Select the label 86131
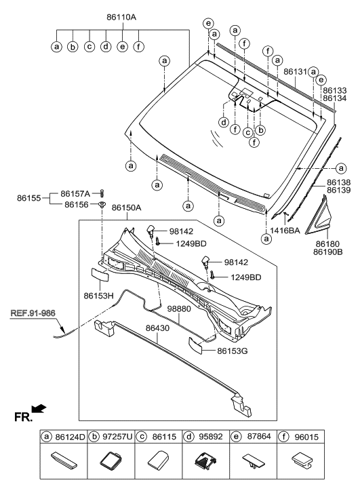[295, 71]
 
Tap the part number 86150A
[126, 208]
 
